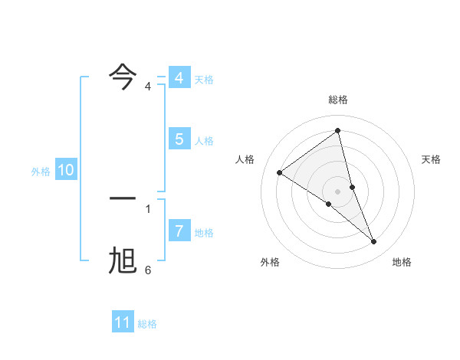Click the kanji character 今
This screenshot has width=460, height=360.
[123, 77]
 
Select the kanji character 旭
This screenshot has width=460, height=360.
[123, 261]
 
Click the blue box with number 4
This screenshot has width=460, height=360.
[179, 78]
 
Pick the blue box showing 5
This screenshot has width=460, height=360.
[179, 139]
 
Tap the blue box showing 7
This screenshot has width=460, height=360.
[179, 231]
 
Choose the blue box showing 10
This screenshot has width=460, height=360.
[65, 171]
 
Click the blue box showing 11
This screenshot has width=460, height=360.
[122, 322]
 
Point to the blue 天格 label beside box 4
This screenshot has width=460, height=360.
[204, 80]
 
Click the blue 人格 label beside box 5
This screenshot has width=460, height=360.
[204, 141]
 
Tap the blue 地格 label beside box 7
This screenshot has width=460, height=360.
[204, 232]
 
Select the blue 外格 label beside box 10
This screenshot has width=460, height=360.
[41, 172]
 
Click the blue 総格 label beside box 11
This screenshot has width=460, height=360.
[147, 324]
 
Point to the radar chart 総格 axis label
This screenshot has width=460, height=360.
[338, 100]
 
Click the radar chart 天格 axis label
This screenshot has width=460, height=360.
[432, 159]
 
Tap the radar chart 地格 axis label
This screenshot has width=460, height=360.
[402, 262]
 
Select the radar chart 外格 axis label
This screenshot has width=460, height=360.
[270, 262]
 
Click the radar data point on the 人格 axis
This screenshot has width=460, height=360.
[280, 172]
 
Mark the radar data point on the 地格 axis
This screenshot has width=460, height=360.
[374, 242]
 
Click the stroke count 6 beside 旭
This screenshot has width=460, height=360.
[148, 270]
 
